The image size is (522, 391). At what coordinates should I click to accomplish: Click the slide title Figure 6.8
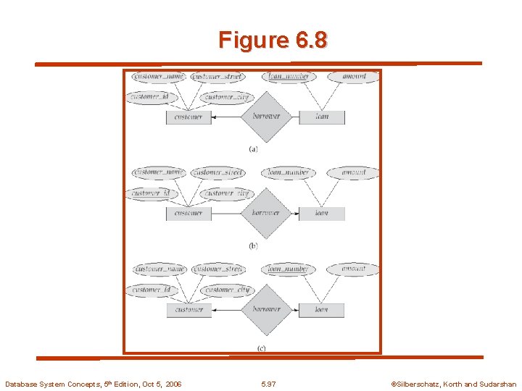point(272,40)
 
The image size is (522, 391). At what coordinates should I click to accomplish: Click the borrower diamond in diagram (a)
point(266,117)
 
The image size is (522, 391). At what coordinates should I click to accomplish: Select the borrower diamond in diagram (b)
point(266,213)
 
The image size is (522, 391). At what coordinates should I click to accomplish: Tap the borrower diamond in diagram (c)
point(266,309)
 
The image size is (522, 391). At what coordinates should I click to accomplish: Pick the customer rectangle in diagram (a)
point(188,117)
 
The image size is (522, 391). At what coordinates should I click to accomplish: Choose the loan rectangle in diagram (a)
point(322,117)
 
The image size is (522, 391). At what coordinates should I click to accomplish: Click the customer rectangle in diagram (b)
point(188,213)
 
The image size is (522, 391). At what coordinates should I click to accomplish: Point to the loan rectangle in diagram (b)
point(322,213)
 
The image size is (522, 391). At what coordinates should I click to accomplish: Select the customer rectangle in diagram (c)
point(188,309)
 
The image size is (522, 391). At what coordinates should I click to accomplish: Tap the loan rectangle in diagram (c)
point(322,309)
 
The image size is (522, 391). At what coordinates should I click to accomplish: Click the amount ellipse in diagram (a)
point(353,77)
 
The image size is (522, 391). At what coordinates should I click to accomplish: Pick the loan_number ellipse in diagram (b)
point(289,172)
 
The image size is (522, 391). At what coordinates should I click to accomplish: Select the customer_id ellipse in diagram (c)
point(152,290)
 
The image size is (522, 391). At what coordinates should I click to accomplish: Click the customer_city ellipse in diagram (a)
point(228,97)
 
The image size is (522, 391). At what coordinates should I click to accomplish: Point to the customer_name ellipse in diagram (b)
point(159,172)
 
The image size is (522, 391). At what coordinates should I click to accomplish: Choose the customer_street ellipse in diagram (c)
point(218,269)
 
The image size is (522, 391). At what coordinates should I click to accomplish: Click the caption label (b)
point(253,246)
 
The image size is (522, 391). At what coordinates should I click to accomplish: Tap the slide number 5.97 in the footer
point(268,384)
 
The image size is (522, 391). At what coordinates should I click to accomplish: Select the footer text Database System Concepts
point(93,384)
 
